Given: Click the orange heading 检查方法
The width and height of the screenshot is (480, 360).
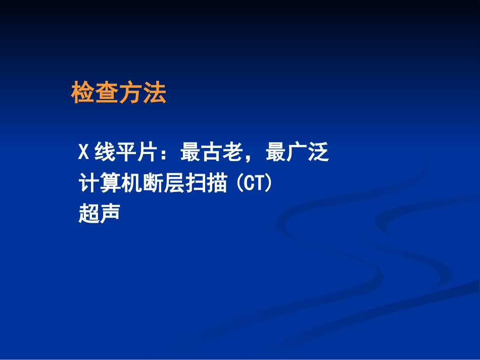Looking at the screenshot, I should [119, 93].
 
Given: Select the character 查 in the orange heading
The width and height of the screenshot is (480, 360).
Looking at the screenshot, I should [107, 93].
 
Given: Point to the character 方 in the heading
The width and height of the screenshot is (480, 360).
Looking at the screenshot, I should [130, 93].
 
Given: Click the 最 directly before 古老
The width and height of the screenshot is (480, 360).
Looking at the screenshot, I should [190, 152].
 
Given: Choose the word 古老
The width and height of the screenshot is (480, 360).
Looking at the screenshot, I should [220, 152].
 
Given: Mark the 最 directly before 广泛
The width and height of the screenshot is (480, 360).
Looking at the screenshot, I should [276, 152].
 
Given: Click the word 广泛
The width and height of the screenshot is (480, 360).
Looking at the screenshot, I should [308, 152].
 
